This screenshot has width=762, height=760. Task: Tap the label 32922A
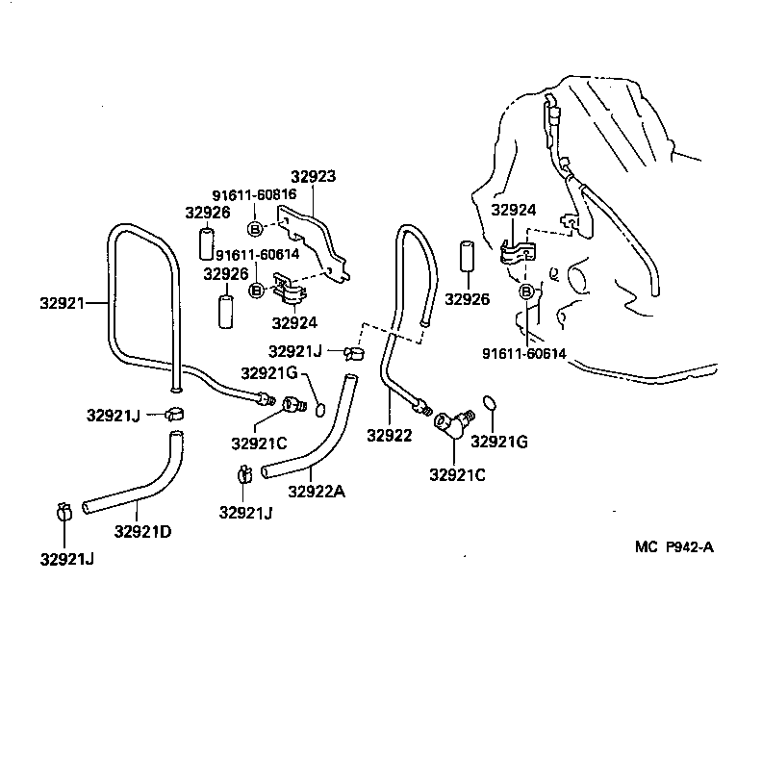click(x=317, y=492)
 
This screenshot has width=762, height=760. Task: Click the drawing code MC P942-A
click(x=673, y=547)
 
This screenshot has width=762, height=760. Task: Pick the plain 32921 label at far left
click(x=62, y=302)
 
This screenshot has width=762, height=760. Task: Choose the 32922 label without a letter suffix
click(x=389, y=435)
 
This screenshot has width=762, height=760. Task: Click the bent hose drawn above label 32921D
click(x=135, y=486)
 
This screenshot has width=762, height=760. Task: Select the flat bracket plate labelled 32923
click(x=313, y=241)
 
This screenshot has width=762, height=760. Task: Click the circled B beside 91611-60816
click(x=255, y=228)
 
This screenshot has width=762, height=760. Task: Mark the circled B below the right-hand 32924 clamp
click(x=526, y=292)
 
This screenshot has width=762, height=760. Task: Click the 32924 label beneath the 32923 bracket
click(x=293, y=322)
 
